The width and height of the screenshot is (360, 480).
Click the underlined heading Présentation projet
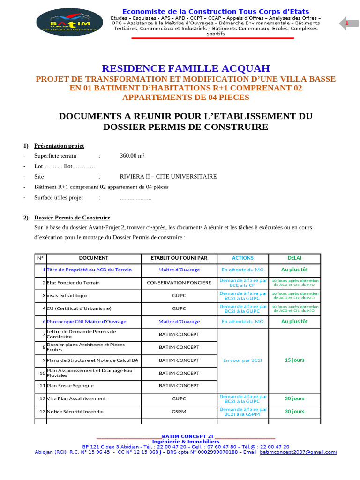(59, 146)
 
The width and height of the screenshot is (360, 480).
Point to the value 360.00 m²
(132, 156)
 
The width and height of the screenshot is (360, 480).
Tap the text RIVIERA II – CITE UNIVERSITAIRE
(168, 177)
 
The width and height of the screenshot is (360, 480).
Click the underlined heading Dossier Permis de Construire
(72, 217)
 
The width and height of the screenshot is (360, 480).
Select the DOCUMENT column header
(93, 258)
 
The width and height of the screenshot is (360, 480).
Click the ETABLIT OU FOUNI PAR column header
(179, 258)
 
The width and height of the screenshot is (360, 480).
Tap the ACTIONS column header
(242, 258)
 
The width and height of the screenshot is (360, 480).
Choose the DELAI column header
(294, 258)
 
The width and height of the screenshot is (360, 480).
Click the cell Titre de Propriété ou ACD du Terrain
(89, 270)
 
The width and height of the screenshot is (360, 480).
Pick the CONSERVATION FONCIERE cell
(179, 283)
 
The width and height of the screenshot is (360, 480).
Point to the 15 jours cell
(294, 360)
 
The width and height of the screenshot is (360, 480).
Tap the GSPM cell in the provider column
(179, 412)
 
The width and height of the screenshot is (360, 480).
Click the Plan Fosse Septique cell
(70, 386)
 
